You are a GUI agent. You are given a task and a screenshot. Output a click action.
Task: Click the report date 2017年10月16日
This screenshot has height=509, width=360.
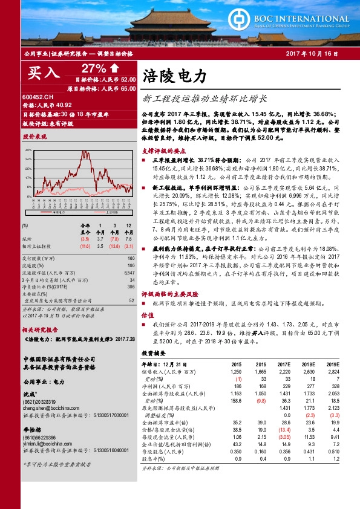[x=310, y=54]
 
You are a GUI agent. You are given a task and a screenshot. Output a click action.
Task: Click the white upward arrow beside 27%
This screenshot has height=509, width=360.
[x=114, y=67]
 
